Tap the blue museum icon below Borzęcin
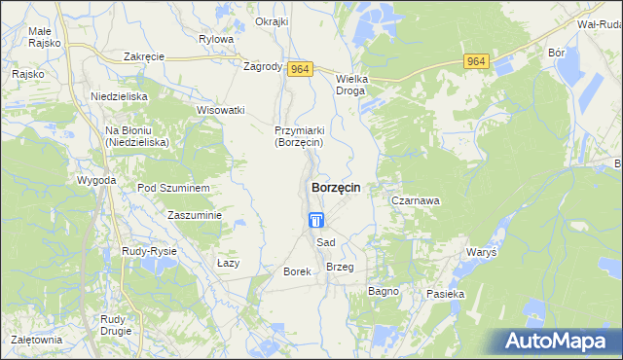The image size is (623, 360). (316, 222)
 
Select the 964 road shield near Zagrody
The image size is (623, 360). (301, 68)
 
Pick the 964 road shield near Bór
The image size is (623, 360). (476, 61)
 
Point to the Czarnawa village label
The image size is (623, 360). (416, 200)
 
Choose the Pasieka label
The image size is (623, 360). (445, 293)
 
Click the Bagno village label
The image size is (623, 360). (385, 291)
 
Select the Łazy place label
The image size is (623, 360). (228, 263)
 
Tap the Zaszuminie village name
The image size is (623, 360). (196, 215)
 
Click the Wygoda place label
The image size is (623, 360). (97, 181)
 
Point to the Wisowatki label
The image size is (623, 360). (220, 110)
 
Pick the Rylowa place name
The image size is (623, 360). (216, 39)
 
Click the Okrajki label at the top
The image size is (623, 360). (272, 21)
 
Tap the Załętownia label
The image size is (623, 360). (36, 340)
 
